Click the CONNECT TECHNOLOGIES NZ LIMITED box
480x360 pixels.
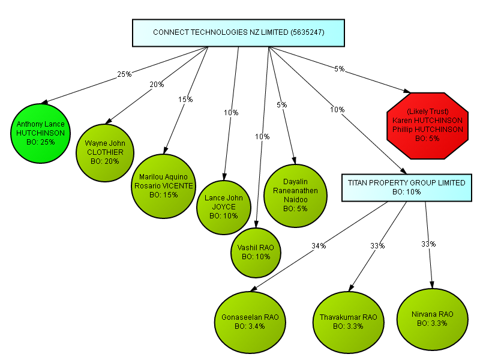238,33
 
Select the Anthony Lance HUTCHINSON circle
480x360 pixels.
40,133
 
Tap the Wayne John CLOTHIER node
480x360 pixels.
105,153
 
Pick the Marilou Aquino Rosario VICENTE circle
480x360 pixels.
163,186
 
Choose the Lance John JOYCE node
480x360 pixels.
224,208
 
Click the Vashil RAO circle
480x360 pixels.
256,253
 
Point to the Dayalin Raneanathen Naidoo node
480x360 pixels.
295,196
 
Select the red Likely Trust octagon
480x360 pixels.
428,125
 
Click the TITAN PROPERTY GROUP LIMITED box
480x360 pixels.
407,188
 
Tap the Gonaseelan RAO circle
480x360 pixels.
250,322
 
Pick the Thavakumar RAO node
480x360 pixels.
349,322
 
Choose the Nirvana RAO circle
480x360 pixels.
432,319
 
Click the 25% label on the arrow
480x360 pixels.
124,74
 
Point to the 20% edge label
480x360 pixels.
157,84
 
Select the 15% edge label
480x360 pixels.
185,99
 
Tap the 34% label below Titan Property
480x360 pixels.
319,245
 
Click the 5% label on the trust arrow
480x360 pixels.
340,69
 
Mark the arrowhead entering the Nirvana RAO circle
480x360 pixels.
432,284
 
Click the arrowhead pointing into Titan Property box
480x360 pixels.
403,171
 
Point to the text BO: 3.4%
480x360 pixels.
250,326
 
